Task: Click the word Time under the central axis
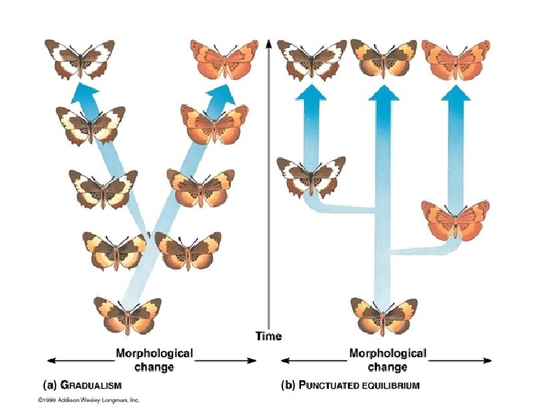tap(268, 336)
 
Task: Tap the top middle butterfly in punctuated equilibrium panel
tap(384, 59)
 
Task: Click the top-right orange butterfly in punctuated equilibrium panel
tap(456, 59)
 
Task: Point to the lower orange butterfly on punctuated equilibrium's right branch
tap(456, 219)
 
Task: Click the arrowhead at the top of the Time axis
tap(268, 43)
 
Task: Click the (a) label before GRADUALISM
tap(47, 385)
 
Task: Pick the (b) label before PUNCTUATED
tap(287, 385)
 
